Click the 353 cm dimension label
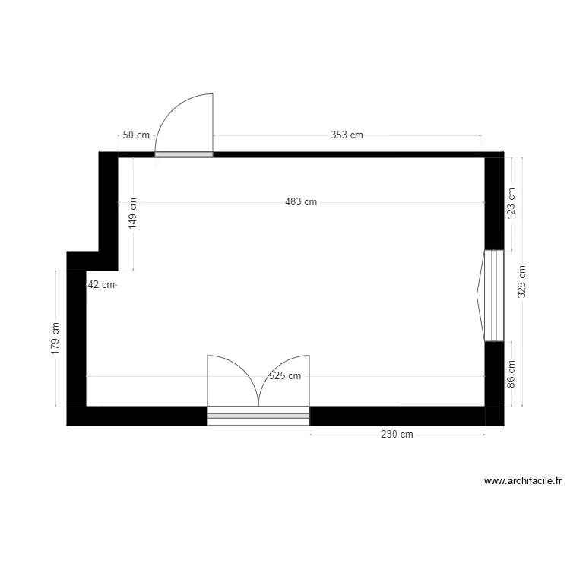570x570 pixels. point(347,135)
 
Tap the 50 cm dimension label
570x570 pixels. point(137,135)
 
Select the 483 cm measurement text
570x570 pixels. point(301,202)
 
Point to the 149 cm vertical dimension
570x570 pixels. point(133,214)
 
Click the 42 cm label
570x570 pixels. point(101,285)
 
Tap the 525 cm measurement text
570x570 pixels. point(285,376)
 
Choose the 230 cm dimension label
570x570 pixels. point(397,435)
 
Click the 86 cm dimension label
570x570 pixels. point(511,374)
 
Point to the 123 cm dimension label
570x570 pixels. point(511,204)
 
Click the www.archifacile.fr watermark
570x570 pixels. point(522,481)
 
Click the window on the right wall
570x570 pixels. point(493,295)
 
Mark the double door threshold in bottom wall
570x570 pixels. point(258,416)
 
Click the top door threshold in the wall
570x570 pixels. point(184,154)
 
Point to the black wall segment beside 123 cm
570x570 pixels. point(494,203)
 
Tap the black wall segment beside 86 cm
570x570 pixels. point(494,374)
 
